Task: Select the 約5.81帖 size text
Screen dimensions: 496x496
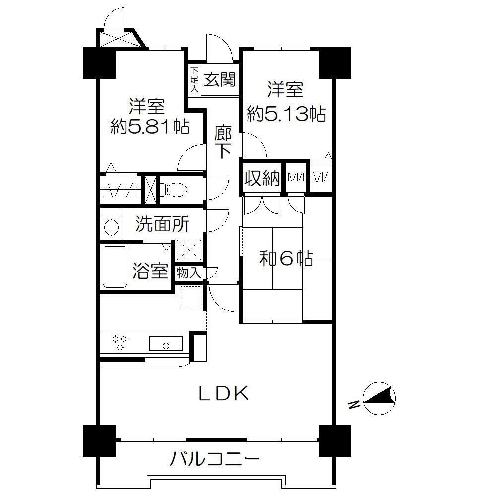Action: [150, 127]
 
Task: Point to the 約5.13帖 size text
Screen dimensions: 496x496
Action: [286, 115]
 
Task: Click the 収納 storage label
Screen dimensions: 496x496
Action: [262, 179]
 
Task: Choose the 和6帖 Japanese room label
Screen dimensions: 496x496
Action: [286, 258]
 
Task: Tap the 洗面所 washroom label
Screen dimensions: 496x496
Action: [162, 225]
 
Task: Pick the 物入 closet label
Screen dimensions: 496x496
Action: [189, 273]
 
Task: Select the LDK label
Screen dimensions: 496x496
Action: [223, 394]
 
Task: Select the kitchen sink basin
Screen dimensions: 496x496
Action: [166, 344]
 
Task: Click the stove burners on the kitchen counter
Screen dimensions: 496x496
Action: [120, 343]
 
